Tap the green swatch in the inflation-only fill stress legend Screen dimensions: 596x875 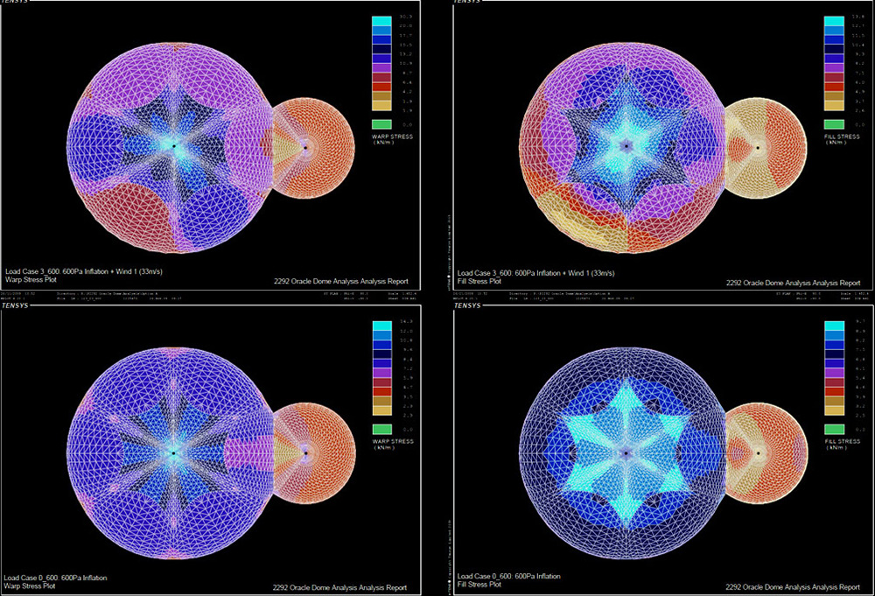(834, 429)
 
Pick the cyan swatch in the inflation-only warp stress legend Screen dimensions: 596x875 (380, 326)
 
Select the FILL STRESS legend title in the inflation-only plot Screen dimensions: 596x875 (841, 441)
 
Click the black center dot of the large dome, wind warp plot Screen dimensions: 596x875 (173, 146)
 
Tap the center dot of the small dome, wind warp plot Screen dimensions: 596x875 (304, 147)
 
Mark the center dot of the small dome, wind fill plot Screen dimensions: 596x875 (758, 148)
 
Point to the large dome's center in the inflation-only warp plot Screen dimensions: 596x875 (173, 452)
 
